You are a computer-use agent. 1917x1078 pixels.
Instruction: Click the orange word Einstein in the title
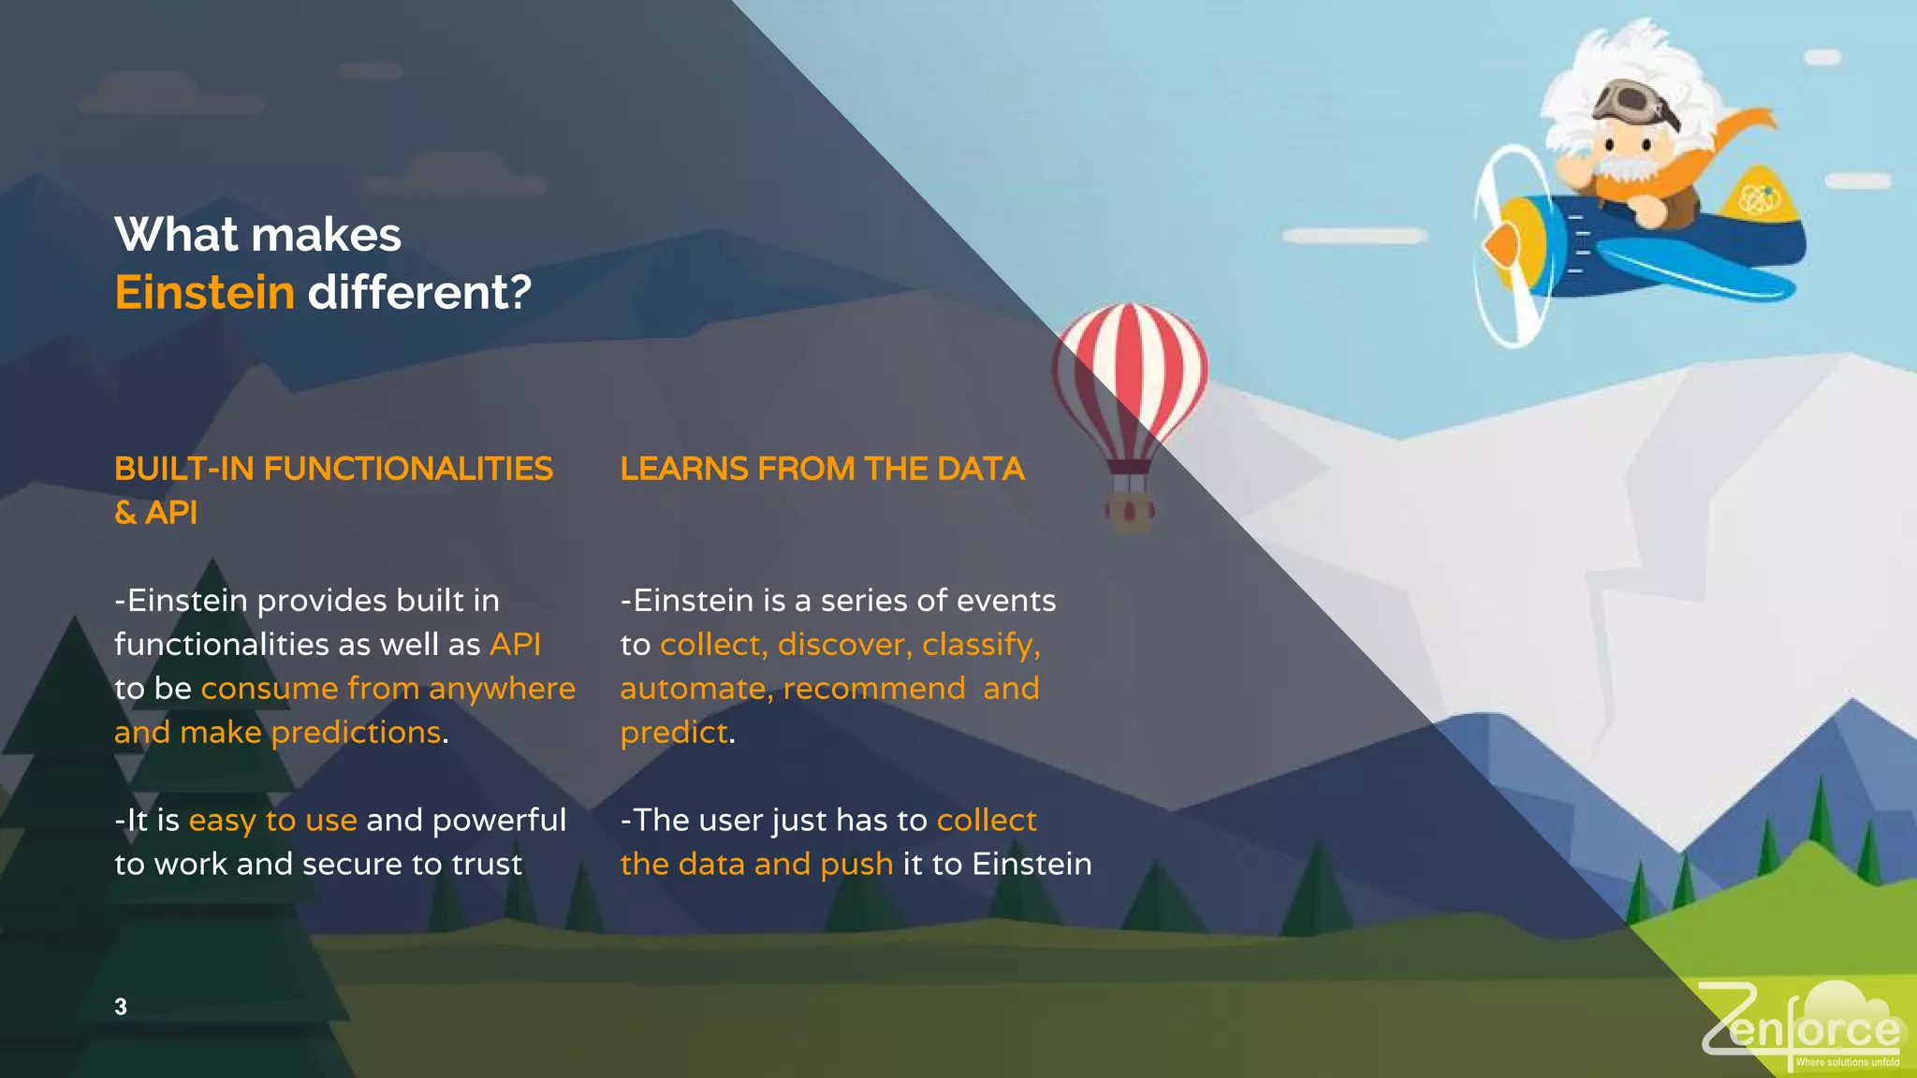pyautogui.click(x=204, y=292)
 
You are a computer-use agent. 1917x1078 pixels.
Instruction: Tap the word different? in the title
pyautogui.click(x=419, y=292)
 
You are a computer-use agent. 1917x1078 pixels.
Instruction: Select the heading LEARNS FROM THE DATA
pyautogui.click(x=822, y=469)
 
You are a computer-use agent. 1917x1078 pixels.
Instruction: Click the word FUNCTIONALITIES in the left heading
pyautogui.click(x=408, y=469)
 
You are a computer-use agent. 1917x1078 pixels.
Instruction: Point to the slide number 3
pyautogui.click(x=121, y=1007)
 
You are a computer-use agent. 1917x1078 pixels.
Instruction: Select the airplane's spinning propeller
pyautogui.click(x=1508, y=245)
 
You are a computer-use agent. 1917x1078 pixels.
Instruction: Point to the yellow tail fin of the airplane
pyautogui.click(x=1761, y=198)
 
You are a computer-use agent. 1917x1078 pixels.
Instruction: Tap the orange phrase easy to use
pyautogui.click(x=272, y=821)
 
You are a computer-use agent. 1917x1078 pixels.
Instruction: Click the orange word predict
pyautogui.click(x=674, y=733)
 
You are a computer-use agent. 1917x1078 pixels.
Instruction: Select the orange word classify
pyautogui.click(x=980, y=645)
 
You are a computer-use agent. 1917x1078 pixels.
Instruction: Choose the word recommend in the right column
pyautogui.click(x=874, y=689)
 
